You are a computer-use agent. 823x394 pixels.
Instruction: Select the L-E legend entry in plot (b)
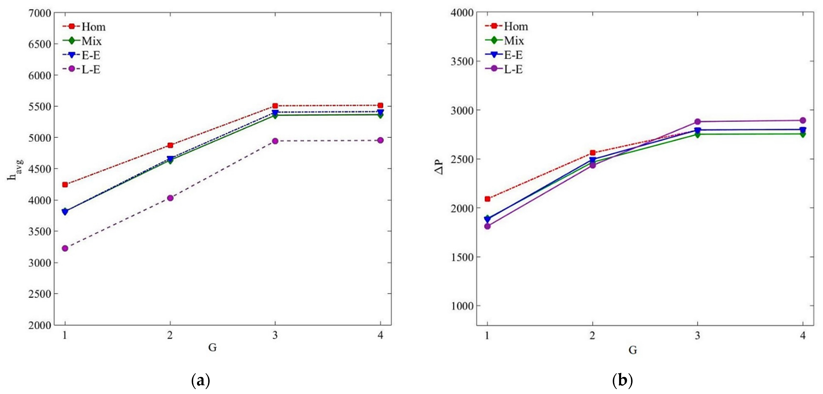(x=513, y=69)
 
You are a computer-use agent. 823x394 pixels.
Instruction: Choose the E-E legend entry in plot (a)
(x=91, y=55)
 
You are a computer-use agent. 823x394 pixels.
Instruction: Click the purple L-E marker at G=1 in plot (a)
(x=65, y=248)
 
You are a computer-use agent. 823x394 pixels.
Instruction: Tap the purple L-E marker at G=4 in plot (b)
(x=803, y=121)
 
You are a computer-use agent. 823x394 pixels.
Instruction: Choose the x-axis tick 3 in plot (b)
(x=697, y=336)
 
